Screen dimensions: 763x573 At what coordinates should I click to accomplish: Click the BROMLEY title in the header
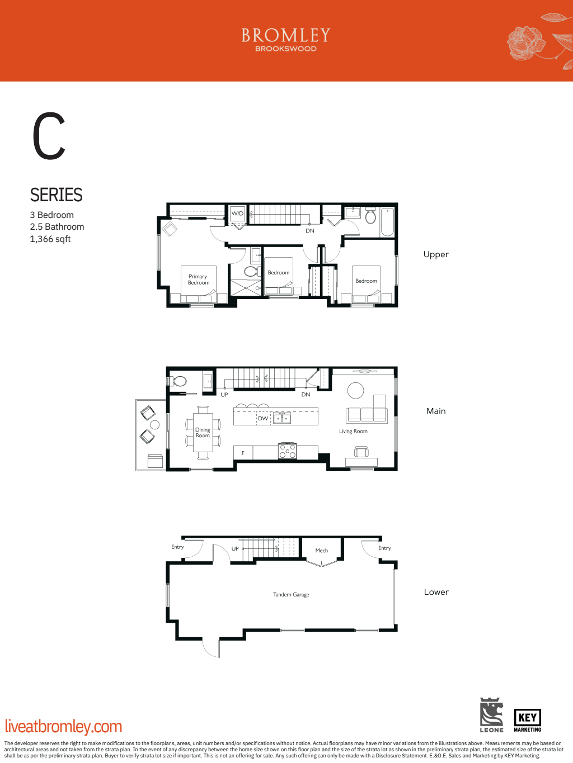click(x=286, y=36)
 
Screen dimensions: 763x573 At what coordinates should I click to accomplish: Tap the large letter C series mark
click(x=49, y=136)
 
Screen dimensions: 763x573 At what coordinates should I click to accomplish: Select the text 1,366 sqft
click(x=50, y=239)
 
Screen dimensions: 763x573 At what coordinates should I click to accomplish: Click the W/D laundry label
click(x=238, y=214)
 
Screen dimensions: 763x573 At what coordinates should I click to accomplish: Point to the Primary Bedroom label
click(x=198, y=279)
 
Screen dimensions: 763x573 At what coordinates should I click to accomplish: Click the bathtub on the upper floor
click(x=387, y=222)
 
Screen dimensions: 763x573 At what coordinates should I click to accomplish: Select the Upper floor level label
click(x=436, y=254)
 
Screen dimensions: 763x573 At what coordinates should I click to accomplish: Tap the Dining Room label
click(x=203, y=433)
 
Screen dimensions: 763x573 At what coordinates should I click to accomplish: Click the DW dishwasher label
click(x=263, y=418)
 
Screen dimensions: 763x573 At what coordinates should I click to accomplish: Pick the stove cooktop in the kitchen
click(x=288, y=451)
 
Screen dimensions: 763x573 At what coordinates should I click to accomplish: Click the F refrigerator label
click(x=243, y=453)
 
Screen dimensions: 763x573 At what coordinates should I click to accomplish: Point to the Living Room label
click(x=353, y=431)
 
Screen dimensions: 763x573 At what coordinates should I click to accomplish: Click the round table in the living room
click(x=355, y=390)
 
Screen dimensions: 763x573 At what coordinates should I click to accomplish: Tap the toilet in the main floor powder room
click(x=179, y=381)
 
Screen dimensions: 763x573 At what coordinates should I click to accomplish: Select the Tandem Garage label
click(x=291, y=595)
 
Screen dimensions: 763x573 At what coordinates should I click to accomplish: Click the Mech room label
click(x=322, y=551)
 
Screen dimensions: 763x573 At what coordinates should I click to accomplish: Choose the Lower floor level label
click(x=436, y=592)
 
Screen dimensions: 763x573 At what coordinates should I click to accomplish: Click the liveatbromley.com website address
click(x=63, y=726)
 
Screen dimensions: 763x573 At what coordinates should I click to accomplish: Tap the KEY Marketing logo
click(x=527, y=720)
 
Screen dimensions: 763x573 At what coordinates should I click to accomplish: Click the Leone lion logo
click(x=491, y=714)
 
